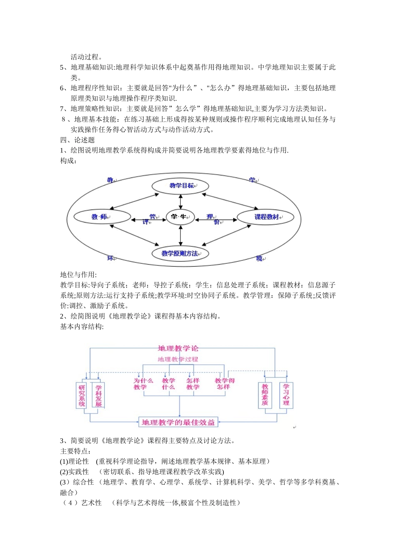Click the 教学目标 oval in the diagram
click(180, 186)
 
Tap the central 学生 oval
click(180, 217)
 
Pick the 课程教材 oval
click(265, 217)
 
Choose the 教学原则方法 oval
click(180, 253)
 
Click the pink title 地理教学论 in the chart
click(178, 348)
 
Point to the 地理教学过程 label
click(178, 359)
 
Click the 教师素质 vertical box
click(265, 395)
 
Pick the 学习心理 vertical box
click(286, 395)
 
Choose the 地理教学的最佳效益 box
click(178, 422)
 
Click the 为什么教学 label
click(143, 384)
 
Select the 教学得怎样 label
click(225, 384)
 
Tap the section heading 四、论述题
click(78, 140)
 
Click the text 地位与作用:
click(78, 275)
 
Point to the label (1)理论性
click(75, 461)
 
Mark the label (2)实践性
click(75, 472)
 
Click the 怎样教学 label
click(193, 384)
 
